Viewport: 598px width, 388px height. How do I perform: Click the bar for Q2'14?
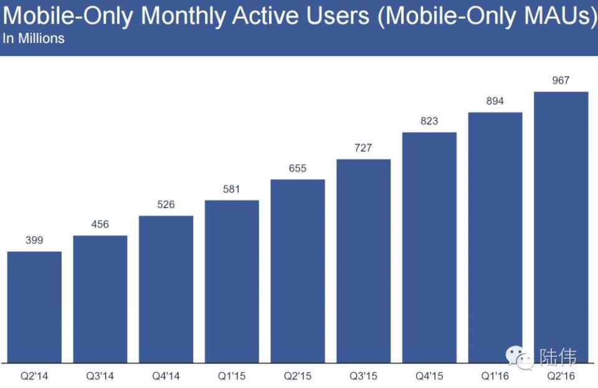pyautogui.click(x=34, y=307)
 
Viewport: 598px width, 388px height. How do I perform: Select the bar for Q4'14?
pyautogui.click(x=166, y=289)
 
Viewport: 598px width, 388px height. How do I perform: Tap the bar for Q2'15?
pyautogui.click(x=297, y=271)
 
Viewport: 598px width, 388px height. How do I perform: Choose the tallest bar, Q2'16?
pyautogui.click(x=561, y=227)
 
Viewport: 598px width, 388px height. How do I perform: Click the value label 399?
pyautogui.click(x=34, y=240)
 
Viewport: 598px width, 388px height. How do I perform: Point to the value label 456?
pyautogui.click(x=100, y=224)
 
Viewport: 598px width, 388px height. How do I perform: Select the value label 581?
pyautogui.click(x=231, y=189)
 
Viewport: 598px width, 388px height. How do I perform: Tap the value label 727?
pyautogui.click(x=363, y=148)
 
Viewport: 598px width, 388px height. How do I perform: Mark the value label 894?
pyautogui.click(x=495, y=101)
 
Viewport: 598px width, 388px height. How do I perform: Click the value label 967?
pyautogui.click(x=561, y=81)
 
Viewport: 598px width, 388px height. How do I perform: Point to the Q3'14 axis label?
pyautogui.click(x=100, y=376)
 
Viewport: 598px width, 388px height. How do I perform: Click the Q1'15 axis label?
pyautogui.click(x=231, y=376)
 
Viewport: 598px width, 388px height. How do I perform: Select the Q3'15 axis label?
pyautogui.click(x=363, y=376)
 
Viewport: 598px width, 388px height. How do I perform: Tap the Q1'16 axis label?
pyautogui.click(x=495, y=376)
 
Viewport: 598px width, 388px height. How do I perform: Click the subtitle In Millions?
pyautogui.click(x=34, y=39)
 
